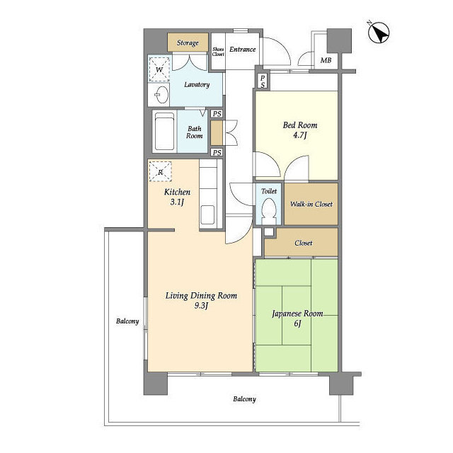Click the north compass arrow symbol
coord(379,33)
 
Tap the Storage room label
coord(188,42)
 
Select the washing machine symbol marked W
coord(159,69)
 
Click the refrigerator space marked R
coord(161,171)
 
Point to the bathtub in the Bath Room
coord(164,131)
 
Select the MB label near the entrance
coord(326,60)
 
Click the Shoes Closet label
coord(218,52)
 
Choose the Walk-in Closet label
coord(311,204)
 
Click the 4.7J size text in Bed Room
coord(300,135)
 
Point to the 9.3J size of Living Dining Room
coord(201,305)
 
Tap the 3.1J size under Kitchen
coord(177,202)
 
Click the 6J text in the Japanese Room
coord(297,323)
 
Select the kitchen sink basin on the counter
coord(207,214)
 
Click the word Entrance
coord(242,50)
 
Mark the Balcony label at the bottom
coord(244,399)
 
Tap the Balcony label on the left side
coord(127,321)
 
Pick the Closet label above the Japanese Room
coord(304,243)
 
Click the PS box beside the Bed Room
coord(263,81)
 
